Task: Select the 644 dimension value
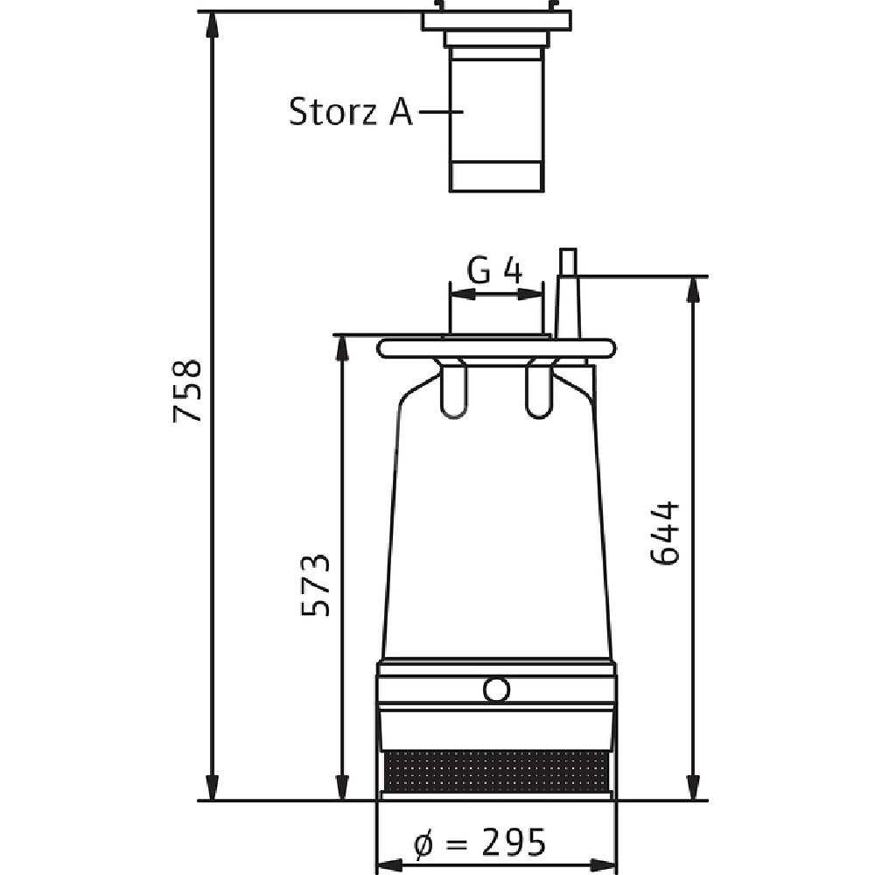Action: coord(665,534)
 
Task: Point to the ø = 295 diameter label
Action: coord(479,842)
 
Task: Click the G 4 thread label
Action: coord(494,272)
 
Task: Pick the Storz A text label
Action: coord(351,112)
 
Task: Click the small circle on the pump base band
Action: coord(496,689)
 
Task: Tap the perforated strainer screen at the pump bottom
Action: coord(497,771)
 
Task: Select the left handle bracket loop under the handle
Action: coord(453,388)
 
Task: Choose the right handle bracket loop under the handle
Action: coord(539,388)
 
